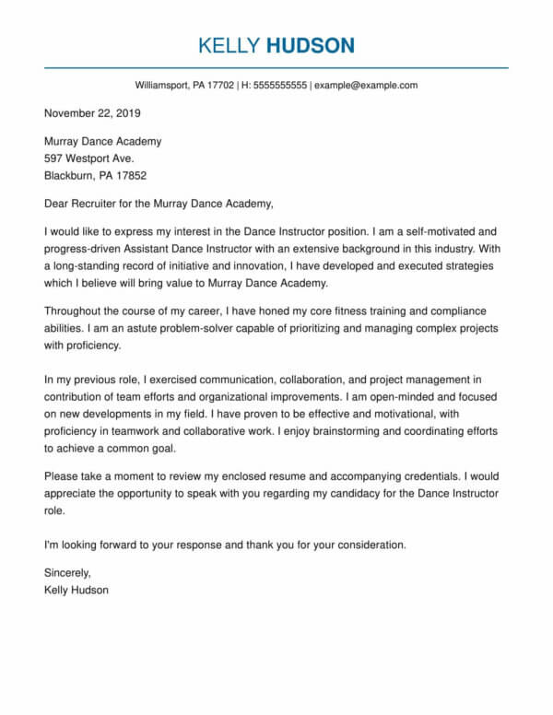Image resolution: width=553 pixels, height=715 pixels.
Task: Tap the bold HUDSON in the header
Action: point(311,45)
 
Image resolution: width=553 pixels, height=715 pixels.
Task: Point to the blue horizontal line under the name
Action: point(276,67)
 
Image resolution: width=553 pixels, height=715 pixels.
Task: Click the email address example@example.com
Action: point(366,86)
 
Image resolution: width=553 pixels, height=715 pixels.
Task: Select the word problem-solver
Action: point(194,329)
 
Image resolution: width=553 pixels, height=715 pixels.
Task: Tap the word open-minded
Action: point(382,395)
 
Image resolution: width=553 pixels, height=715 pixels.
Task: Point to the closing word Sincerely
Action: point(68,573)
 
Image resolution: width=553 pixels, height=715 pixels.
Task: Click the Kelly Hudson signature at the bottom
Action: point(76,590)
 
